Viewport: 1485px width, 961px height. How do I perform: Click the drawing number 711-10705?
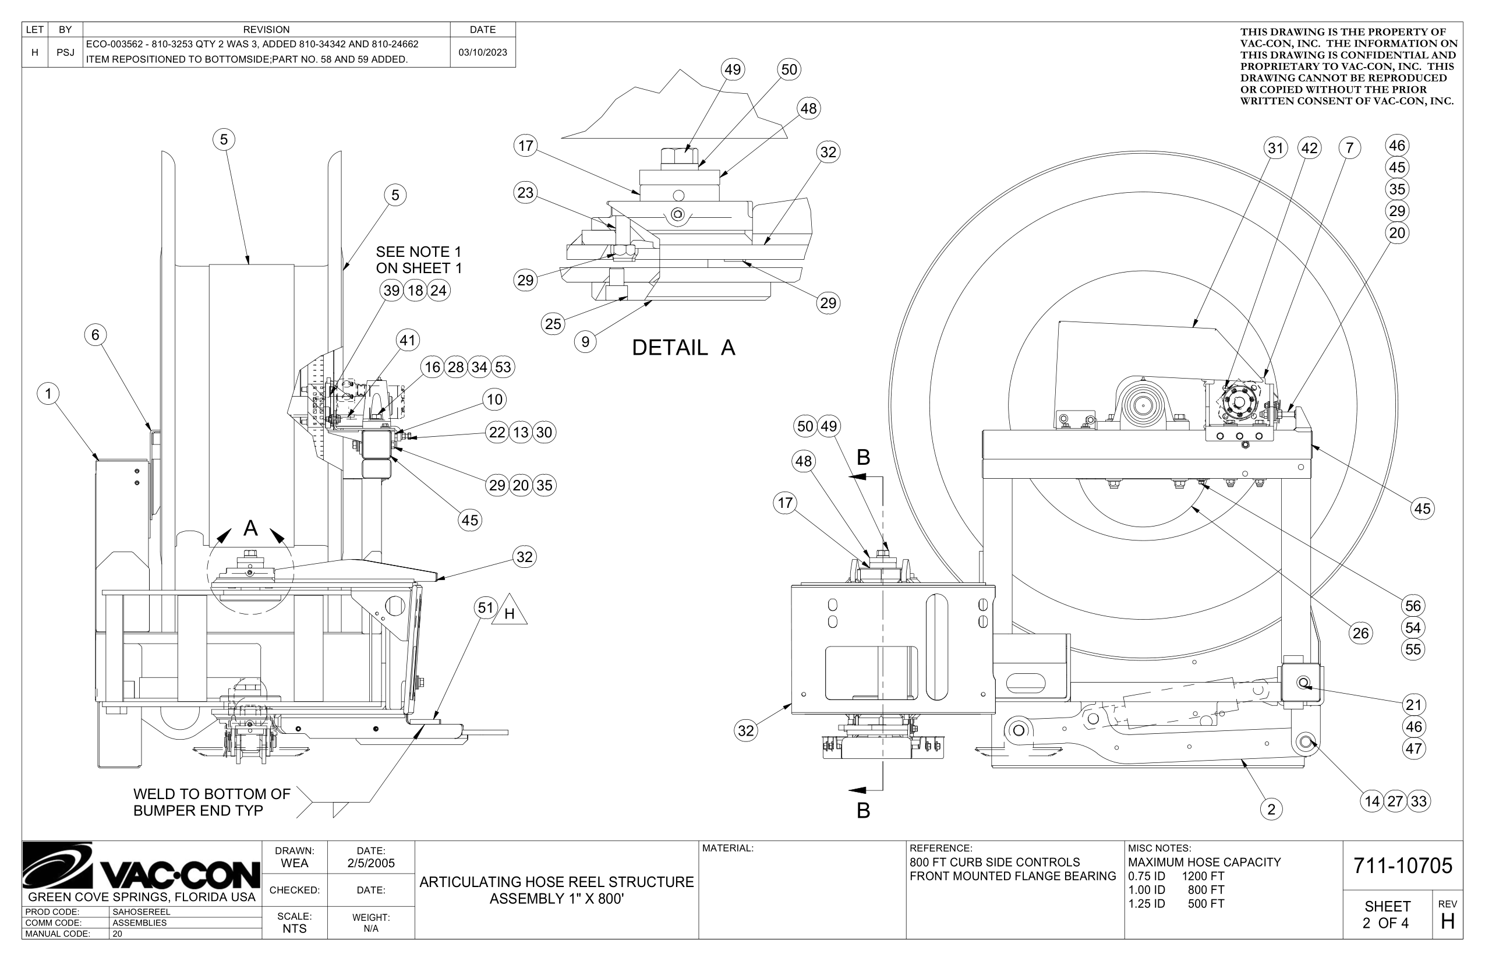coord(1402,866)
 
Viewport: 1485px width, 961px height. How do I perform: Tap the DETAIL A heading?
coord(683,348)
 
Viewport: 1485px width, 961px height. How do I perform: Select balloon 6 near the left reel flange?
coord(96,335)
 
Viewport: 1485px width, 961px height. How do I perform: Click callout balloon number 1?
coord(48,394)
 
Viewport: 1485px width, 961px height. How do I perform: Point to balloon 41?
coord(408,341)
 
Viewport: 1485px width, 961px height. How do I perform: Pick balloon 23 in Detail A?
coord(525,193)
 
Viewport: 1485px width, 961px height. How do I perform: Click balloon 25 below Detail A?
coord(553,324)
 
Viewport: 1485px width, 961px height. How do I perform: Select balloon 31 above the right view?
coord(1275,149)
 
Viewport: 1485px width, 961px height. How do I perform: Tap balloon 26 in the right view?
coord(1360,634)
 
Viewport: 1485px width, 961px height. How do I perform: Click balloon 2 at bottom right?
coord(1271,810)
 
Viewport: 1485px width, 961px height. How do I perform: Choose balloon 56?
coord(1413,606)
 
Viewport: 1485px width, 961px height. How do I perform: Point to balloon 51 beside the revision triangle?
coord(486,608)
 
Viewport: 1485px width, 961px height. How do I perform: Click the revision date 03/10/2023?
coord(482,52)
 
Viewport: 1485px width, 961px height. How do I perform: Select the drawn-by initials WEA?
coord(294,864)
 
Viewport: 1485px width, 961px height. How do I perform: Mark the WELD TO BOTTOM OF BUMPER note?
coord(211,803)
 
